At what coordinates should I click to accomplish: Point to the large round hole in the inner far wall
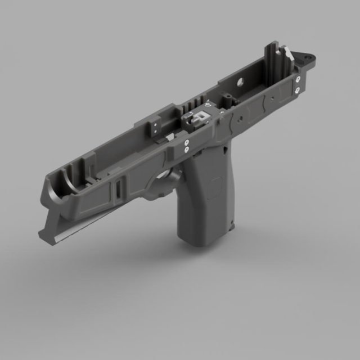(241, 83)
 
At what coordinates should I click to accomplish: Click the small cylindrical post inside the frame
(228, 100)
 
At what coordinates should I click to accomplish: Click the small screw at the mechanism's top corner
(209, 104)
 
